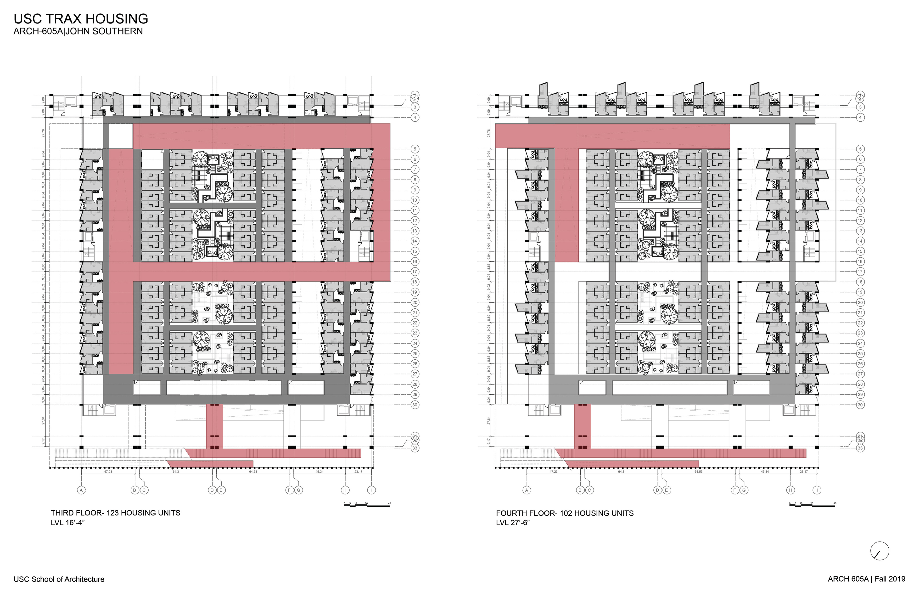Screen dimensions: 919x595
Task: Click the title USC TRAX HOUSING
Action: (81, 19)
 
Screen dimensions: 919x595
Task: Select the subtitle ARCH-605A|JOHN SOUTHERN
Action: (78, 31)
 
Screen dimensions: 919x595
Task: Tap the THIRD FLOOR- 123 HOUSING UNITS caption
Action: (115, 513)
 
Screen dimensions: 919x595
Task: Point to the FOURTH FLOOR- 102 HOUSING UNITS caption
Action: (565, 513)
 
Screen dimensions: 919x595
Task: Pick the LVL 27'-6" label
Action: (513, 523)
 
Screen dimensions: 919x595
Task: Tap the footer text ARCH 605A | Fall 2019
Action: (866, 579)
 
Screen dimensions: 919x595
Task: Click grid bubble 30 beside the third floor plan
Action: (415, 405)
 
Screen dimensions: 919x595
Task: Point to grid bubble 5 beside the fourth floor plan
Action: (860, 149)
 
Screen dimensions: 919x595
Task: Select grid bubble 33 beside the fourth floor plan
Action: (860, 448)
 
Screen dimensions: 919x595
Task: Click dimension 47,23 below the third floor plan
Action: (108, 472)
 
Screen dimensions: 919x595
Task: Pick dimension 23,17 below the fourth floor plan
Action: (804, 472)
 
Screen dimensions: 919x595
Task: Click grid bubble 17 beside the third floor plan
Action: (415, 272)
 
